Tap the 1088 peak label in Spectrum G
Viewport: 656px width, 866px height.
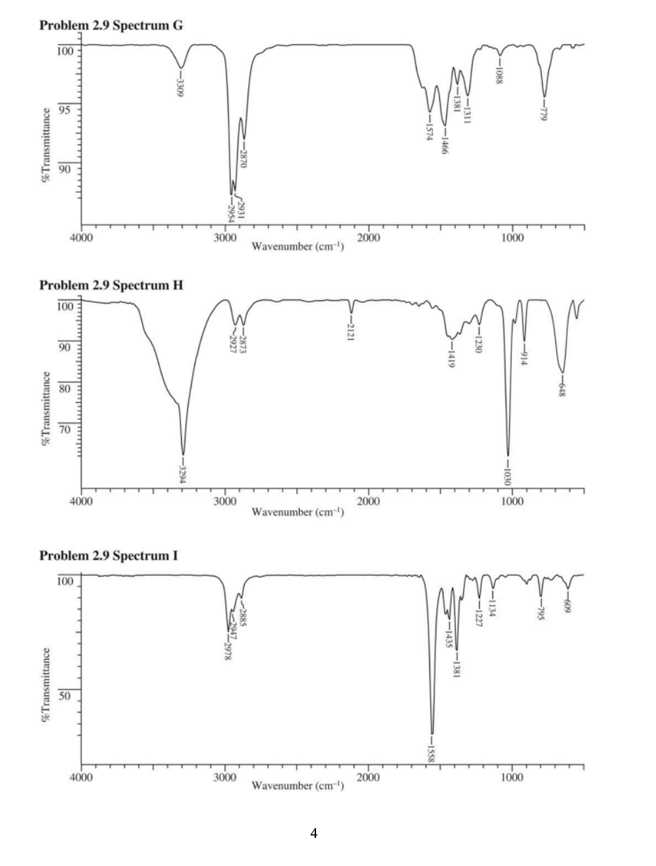pos(499,71)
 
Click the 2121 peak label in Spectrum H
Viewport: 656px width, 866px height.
pos(351,329)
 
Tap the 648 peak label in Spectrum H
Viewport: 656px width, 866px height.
pos(562,386)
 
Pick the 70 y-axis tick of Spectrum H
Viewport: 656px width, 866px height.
pos(65,428)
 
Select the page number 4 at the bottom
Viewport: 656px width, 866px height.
pos(314,833)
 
